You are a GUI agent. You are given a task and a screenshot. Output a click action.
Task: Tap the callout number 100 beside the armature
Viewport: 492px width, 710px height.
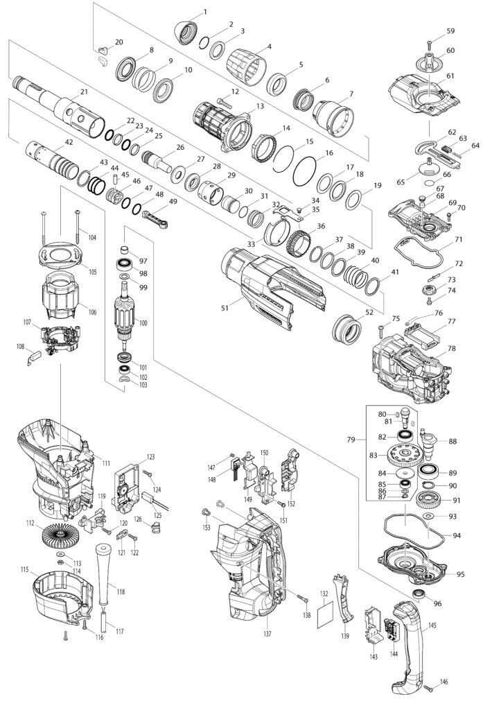pyautogui.click(x=143, y=323)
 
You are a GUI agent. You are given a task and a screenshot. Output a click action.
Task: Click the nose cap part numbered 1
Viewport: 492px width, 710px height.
pyautogui.click(x=184, y=31)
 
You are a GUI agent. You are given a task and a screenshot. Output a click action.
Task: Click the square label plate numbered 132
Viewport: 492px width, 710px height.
pyautogui.click(x=325, y=616)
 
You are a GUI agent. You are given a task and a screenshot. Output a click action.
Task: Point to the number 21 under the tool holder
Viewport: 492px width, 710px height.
pyautogui.click(x=84, y=92)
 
